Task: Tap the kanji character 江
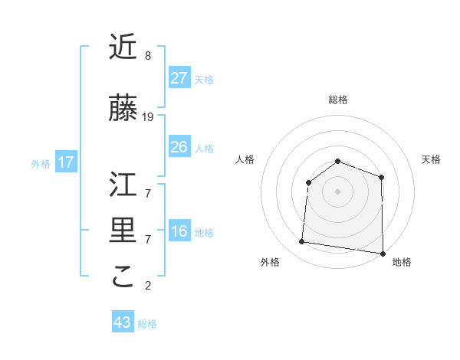click(x=123, y=185)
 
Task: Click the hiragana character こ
click(x=123, y=277)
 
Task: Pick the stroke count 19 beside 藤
click(x=148, y=117)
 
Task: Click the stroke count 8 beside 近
click(x=147, y=56)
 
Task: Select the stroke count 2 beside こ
click(x=147, y=286)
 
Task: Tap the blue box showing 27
click(x=179, y=78)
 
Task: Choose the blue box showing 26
click(x=179, y=147)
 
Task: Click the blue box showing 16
click(x=179, y=232)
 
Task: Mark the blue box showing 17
click(x=66, y=162)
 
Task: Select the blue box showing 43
click(x=122, y=322)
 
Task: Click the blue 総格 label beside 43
click(x=147, y=324)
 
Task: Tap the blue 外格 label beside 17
click(x=41, y=163)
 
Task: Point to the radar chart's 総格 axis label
click(x=338, y=100)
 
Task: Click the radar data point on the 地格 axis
click(x=382, y=253)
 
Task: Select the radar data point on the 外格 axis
click(x=301, y=242)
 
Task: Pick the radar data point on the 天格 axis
click(x=381, y=177)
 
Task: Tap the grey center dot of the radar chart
click(x=337, y=191)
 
